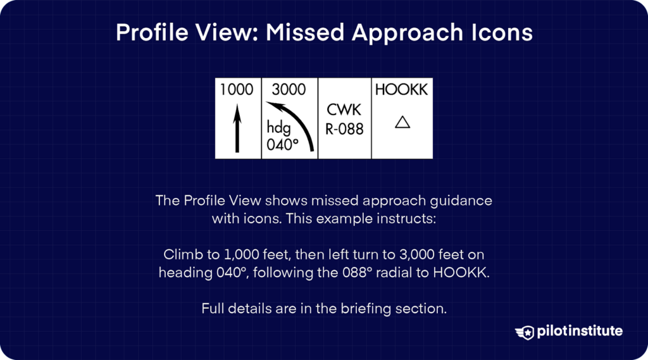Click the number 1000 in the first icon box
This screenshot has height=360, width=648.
click(x=237, y=90)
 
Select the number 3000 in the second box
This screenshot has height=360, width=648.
click(x=289, y=90)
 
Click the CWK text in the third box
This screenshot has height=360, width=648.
click(x=344, y=110)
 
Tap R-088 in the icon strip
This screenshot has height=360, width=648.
click(x=344, y=129)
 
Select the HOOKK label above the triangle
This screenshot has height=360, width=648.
click(x=401, y=90)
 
